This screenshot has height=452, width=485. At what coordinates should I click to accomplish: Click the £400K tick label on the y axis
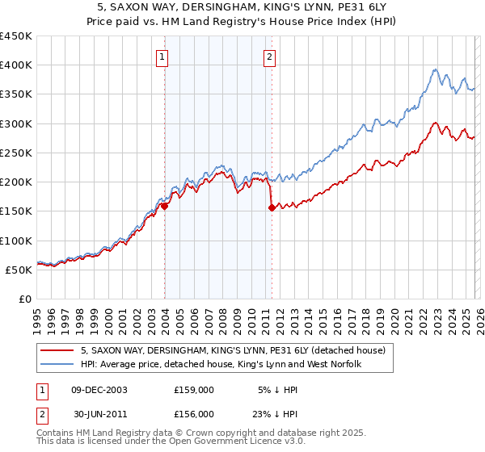coord(16,65)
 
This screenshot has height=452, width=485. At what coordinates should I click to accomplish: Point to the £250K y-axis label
coord(16,153)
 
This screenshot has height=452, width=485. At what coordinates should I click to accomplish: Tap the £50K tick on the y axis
coord(19,270)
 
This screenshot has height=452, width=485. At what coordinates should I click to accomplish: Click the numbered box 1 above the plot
coord(163,56)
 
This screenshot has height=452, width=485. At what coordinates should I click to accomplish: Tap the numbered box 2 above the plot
coord(268,56)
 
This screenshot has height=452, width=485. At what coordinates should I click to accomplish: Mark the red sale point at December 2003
coord(165,206)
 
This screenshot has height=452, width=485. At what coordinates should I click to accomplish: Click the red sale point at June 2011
coord(272,208)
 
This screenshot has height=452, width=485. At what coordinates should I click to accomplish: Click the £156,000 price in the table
coord(194,413)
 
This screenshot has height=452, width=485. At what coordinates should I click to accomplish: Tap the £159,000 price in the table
coord(194,389)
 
